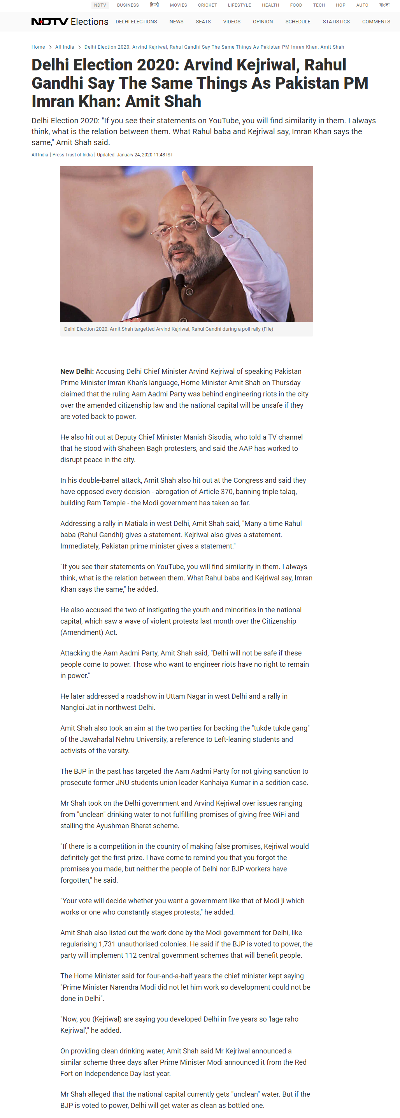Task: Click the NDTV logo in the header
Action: pos(50,22)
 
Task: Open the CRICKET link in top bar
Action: pos(207,5)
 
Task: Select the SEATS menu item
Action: pos(203,22)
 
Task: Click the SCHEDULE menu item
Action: pos(298,22)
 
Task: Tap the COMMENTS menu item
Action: pos(375,22)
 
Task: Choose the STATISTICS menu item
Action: pos(336,22)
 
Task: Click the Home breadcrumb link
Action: pos(38,47)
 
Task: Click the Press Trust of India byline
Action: pos(72,154)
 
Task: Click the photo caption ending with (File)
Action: pos(168,329)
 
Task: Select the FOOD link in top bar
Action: pos(296,5)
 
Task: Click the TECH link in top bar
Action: pos(319,5)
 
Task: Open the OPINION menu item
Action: pos(263,22)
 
